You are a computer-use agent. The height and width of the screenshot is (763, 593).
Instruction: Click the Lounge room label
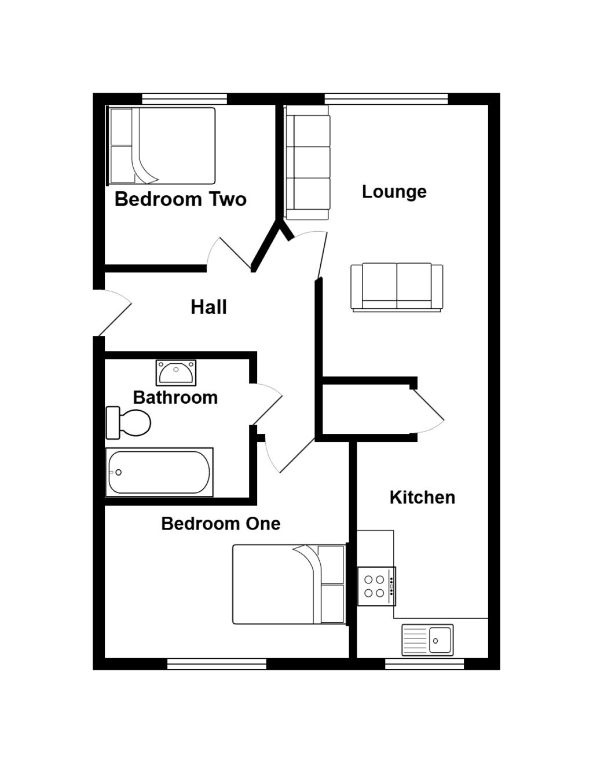click(394, 192)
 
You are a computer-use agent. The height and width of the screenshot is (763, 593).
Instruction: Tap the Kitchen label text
click(422, 497)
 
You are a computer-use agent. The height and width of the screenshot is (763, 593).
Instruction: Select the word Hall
click(208, 307)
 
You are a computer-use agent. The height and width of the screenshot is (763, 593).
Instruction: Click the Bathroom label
click(175, 397)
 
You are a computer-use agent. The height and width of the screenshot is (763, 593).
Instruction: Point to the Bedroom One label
click(221, 524)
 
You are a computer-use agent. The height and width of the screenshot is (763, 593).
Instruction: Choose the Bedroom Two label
click(181, 199)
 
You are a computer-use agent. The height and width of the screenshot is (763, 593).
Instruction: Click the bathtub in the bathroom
click(159, 472)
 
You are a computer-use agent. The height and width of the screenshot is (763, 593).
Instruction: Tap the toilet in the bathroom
click(129, 423)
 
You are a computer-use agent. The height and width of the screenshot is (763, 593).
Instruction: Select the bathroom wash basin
click(176, 373)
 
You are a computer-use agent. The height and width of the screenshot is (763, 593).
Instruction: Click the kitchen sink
click(427, 640)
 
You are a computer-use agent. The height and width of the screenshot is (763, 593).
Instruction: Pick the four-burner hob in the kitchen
click(376, 586)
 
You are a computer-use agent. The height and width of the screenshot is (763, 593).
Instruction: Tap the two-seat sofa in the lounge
click(397, 288)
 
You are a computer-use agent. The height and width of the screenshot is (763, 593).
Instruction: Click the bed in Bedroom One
click(288, 584)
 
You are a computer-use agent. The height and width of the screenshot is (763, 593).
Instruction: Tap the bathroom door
click(266, 402)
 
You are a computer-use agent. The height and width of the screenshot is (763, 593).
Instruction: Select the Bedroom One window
click(217, 663)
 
